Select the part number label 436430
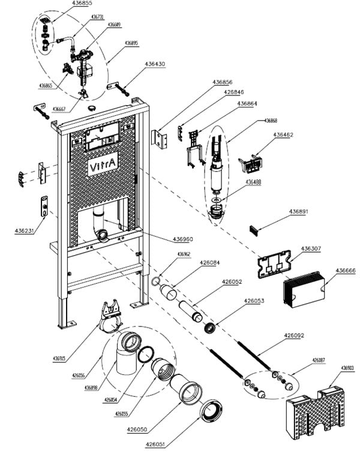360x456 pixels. [x=155, y=64]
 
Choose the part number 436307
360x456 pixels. [x=311, y=248]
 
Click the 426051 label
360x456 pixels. [x=156, y=445]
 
